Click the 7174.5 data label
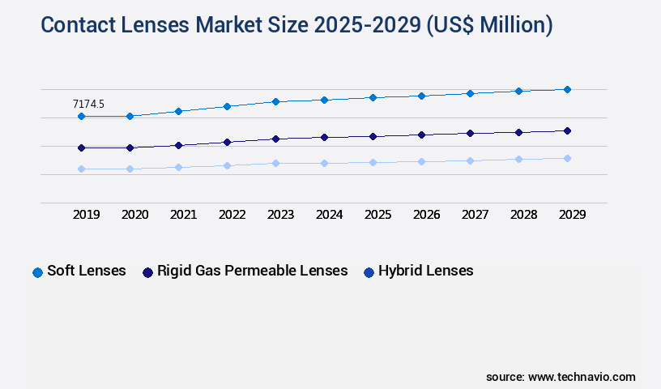(88, 104)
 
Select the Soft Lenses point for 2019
(81, 117)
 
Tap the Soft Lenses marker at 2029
(567, 89)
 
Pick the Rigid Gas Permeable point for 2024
(324, 137)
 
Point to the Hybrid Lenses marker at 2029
(567, 158)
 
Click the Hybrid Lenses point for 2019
(81, 169)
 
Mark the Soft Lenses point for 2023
(275, 101)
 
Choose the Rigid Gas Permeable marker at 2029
(567, 130)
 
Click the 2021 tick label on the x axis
(183, 215)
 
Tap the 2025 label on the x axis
(377, 215)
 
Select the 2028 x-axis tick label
(523, 215)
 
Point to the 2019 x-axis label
(86, 215)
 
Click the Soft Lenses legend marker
(37, 272)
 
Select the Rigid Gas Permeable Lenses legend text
(252, 271)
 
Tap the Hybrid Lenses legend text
(425, 271)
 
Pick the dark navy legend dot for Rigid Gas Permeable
(147, 272)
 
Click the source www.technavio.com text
(561, 377)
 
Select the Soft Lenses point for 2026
(421, 96)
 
